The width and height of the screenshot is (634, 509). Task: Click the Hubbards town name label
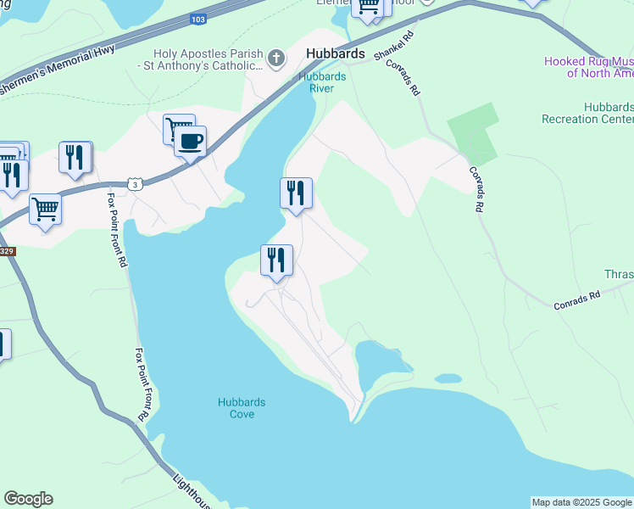(335, 53)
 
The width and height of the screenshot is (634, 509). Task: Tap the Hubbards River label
(321, 81)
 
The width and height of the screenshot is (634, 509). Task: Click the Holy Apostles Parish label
(201, 58)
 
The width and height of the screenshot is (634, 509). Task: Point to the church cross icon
(275, 59)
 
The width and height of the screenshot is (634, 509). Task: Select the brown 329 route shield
(6, 251)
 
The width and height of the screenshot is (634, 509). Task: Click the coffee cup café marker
(191, 140)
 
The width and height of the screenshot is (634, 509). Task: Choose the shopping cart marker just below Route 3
(45, 207)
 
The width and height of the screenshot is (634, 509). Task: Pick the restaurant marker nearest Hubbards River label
(296, 193)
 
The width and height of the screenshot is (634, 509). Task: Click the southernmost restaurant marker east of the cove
(276, 260)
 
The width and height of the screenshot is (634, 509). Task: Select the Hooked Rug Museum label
(589, 67)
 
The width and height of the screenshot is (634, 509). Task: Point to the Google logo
(28, 499)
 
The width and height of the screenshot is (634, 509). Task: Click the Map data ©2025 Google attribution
(581, 502)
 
